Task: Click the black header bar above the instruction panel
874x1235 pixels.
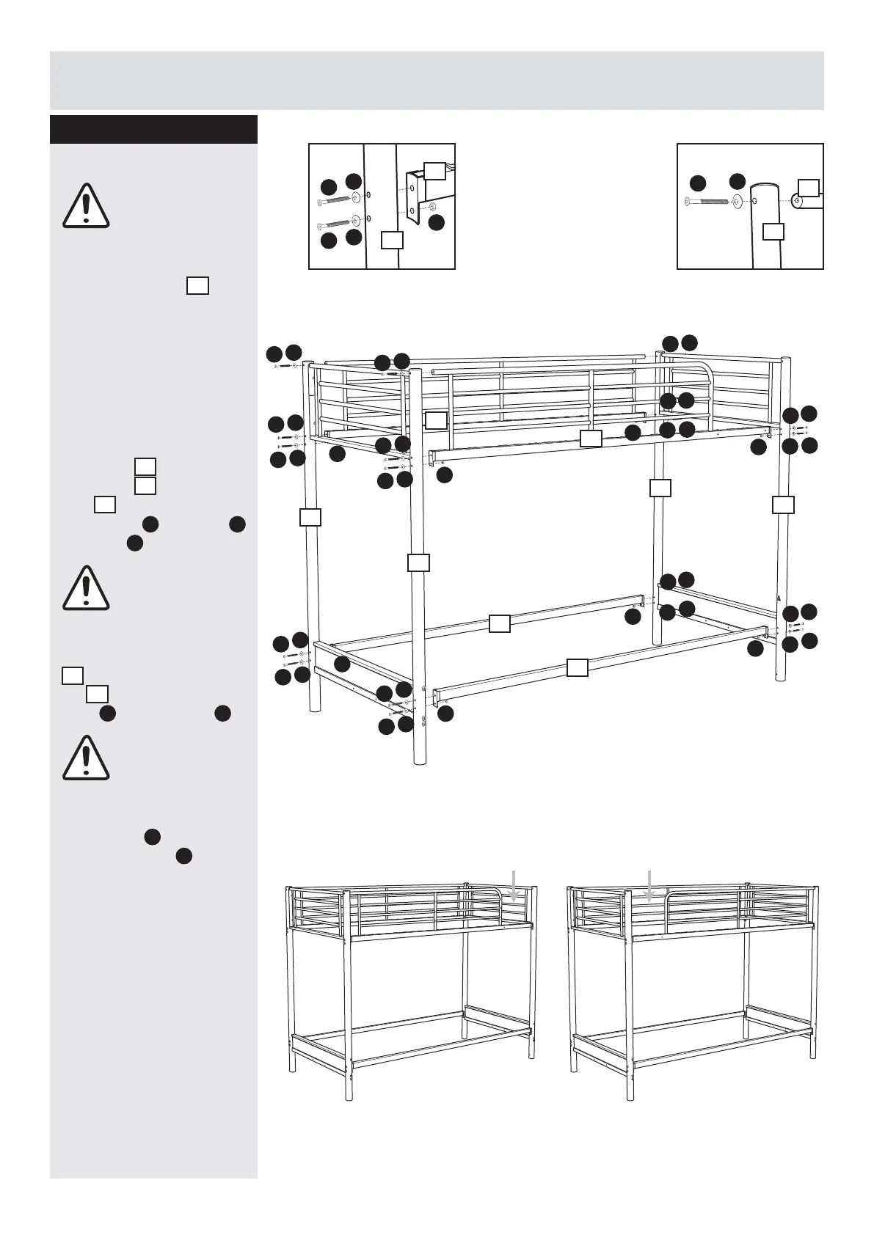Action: click(153, 129)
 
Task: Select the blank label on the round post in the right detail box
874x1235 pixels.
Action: click(773, 232)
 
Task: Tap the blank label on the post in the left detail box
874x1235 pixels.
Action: click(393, 240)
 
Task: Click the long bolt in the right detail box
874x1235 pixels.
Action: click(707, 200)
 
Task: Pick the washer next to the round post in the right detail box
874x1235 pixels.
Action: click(736, 200)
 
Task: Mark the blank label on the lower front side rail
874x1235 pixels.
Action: click(578, 667)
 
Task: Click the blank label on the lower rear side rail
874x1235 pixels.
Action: click(500, 623)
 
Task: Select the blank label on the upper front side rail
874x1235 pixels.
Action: click(591, 439)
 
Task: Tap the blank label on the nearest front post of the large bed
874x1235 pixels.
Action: click(418, 562)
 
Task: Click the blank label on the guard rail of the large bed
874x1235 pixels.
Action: click(437, 419)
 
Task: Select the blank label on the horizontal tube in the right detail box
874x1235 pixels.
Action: click(808, 187)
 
